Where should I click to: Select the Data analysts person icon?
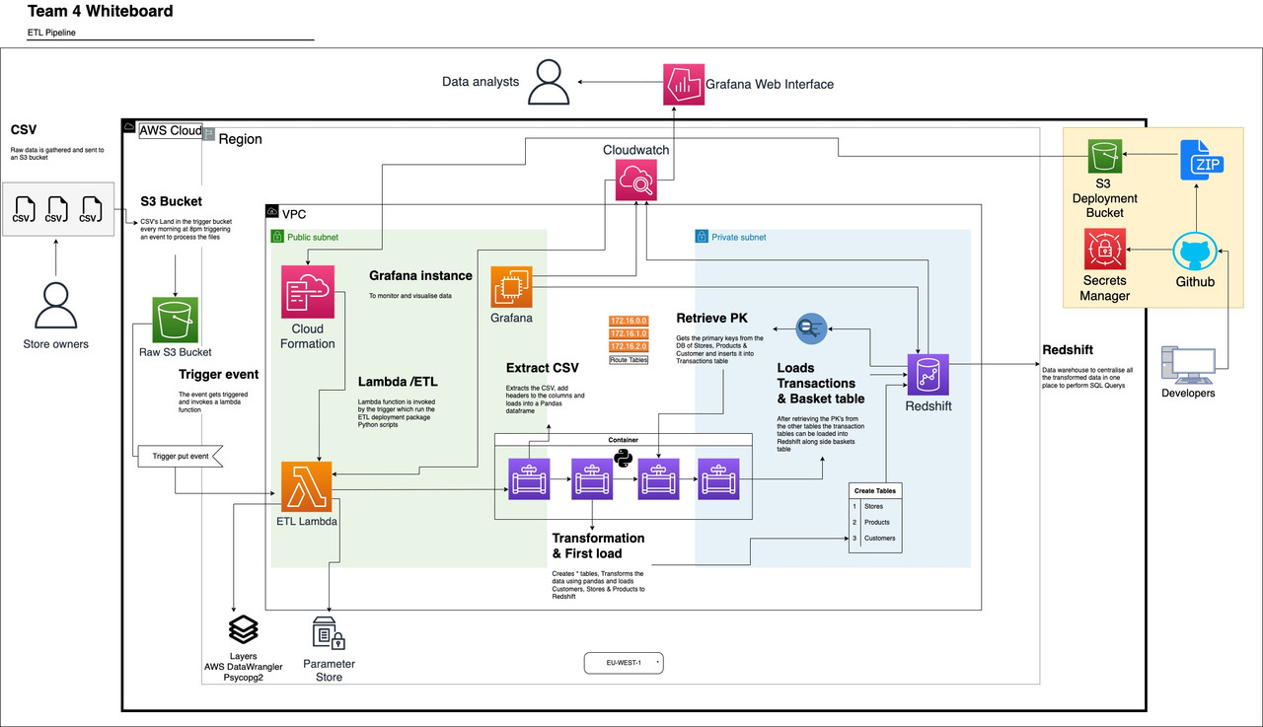pyautogui.click(x=548, y=82)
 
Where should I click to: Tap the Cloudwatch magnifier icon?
pyautogui.click(x=636, y=182)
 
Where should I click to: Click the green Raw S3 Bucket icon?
pyautogui.click(x=175, y=322)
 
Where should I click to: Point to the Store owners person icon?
pyautogui.click(x=55, y=306)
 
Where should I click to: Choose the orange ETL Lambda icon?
pyautogui.click(x=305, y=485)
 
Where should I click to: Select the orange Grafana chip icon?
pyautogui.click(x=512, y=287)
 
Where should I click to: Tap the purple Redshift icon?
pyautogui.click(x=928, y=376)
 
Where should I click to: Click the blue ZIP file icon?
pyautogui.click(x=1204, y=159)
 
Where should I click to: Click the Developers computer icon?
pyautogui.click(x=1188, y=366)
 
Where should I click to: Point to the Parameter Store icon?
pyautogui.click(x=329, y=633)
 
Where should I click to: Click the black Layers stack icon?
pyautogui.click(x=243, y=629)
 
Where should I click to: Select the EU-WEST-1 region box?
pyautogui.click(x=623, y=663)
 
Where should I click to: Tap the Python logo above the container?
pyautogui.click(x=623, y=458)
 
